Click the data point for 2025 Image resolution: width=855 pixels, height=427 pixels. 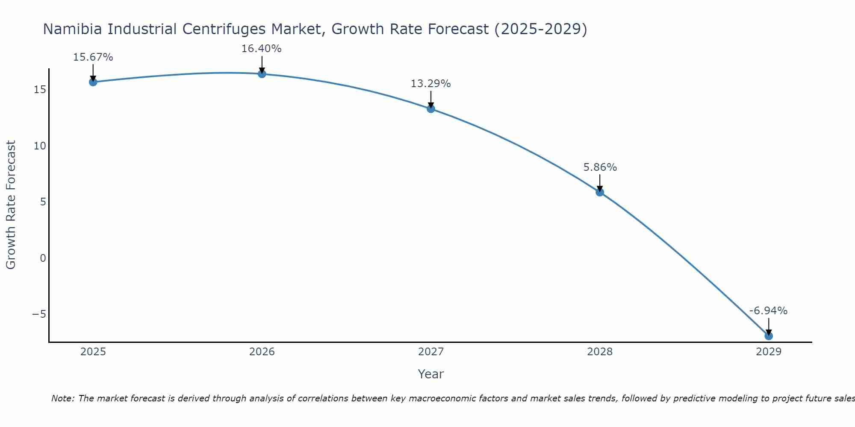click(93, 82)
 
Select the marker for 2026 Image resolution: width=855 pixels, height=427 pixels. click(262, 74)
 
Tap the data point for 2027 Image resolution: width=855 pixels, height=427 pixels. click(431, 109)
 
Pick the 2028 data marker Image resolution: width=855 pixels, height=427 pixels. click(600, 192)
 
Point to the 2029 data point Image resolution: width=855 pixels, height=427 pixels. click(769, 336)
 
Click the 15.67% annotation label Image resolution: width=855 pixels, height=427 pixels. click(93, 57)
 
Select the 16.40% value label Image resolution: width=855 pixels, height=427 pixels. click(262, 49)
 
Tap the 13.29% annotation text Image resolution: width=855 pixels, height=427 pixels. click(431, 84)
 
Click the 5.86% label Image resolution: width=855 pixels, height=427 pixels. click(600, 167)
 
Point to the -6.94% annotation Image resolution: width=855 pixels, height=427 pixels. click(768, 311)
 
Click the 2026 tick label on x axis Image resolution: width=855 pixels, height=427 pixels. click(262, 352)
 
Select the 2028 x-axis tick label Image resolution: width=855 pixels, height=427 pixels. click(600, 352)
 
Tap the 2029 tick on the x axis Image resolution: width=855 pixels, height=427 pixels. click(769, 352)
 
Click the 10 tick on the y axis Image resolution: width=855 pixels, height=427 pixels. click(40, 146)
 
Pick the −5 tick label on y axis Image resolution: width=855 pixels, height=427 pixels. click(39, 314)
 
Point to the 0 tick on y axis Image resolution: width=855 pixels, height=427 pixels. click(43, 258)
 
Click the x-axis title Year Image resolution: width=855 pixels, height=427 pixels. click(431, 374)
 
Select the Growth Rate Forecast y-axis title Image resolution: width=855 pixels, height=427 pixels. click(11, 205)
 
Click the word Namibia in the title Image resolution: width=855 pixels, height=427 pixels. click(73, 29)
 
